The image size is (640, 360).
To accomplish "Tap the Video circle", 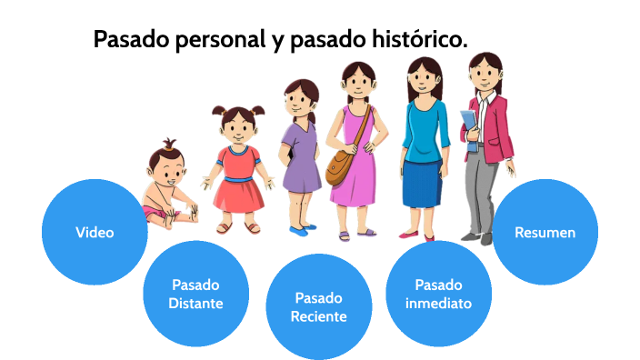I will pos(95,232).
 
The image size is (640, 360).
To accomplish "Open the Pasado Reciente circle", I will pos(318,307).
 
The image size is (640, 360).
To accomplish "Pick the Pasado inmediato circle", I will pos(439,293).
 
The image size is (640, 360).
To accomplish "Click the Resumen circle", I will pos(545,232).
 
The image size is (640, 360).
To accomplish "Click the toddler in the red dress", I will pos(238,168).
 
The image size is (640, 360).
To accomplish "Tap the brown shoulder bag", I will pos(341,165).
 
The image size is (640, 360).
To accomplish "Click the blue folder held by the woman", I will pos(467,126).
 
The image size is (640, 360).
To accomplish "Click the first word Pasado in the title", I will pos(127,41).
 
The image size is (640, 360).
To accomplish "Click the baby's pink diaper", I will pos(156,213).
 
